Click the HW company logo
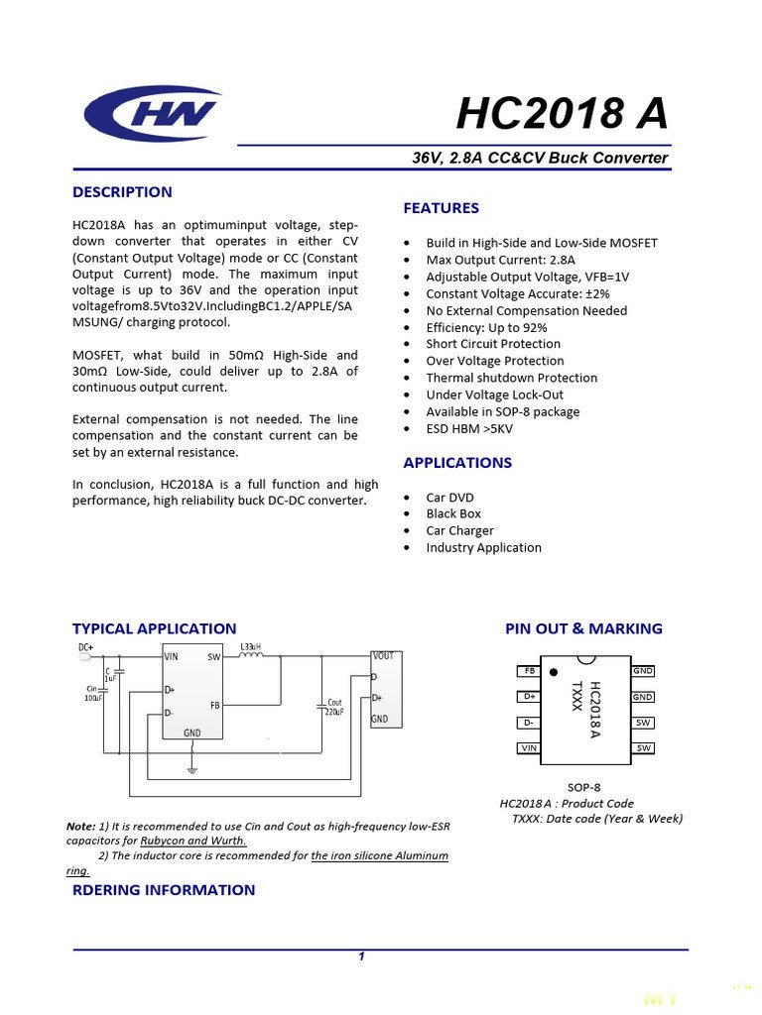click(152, 113)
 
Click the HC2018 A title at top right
click(562, 114)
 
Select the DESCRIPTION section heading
click(122, 192)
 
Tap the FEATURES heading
click(441, 208)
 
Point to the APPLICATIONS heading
click(457, 463)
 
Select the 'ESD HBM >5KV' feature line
click(469, 428)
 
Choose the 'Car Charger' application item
click(459, 530)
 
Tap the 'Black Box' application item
click(453, 513)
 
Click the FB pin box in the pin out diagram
click(528, 671)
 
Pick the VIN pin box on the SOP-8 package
click(528, 748)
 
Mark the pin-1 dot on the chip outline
click(554, 672)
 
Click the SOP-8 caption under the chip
click(584, 787)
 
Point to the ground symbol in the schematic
click(192, 769)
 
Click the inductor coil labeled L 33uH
click(252, 655)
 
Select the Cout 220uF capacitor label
click(334, 708)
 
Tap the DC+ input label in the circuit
click(86, 648)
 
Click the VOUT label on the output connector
click(383, 656)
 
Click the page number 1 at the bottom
click(361, 957)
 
